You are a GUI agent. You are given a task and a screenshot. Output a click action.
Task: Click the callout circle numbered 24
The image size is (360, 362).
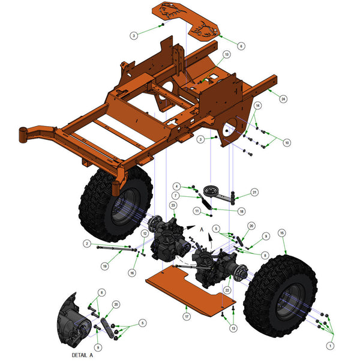(x=283, y=98)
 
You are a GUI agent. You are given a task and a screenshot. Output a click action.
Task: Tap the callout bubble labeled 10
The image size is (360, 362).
(x=287, y=143)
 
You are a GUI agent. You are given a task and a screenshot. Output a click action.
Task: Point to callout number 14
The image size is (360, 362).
(x=257, y=106)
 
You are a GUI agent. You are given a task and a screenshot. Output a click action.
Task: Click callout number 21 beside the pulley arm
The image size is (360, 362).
(x=254, y=192)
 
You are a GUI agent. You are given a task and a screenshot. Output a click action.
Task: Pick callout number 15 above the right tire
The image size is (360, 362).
(x=282, y=232)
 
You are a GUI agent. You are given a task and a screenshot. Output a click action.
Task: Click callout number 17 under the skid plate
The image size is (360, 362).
(x=187, y=316)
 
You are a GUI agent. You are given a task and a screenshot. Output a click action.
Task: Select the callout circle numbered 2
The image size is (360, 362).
(x=87, y=243)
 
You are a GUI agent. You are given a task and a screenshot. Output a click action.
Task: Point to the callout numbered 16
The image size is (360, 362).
(x=132, y=273)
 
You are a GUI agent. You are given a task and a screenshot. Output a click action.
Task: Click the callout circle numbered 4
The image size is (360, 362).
(x=176, y=187)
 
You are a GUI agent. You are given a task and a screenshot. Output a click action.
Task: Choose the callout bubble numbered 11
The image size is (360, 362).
(x=196, y=211)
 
